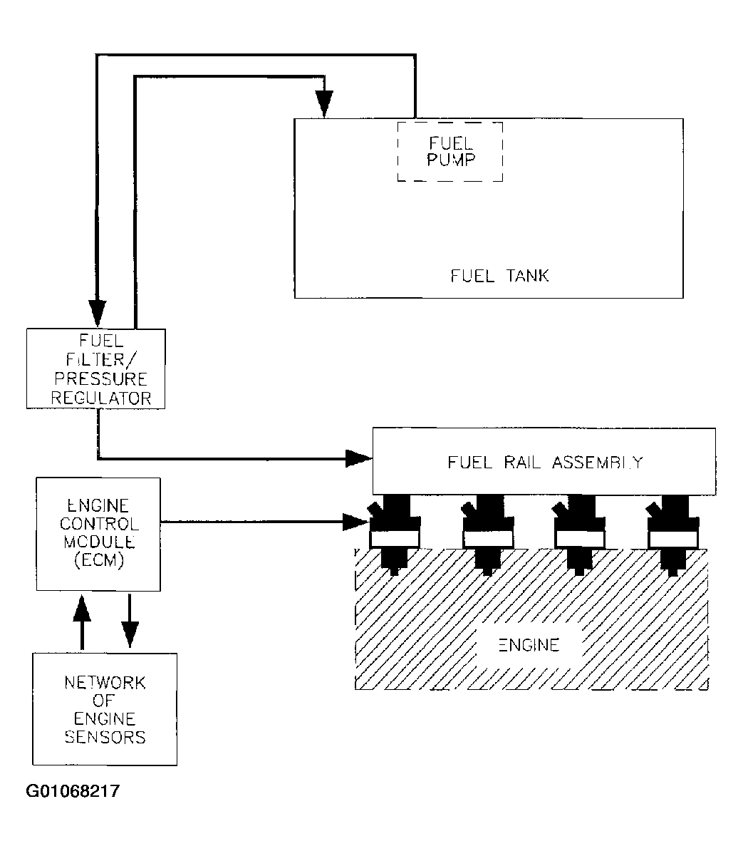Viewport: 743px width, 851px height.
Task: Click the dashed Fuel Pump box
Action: (x=450, y=151)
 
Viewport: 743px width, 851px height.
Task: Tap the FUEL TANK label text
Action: (x=499, y=276)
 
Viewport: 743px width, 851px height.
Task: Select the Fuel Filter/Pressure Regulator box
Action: (x=95, y=368)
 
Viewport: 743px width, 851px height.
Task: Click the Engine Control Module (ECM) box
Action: (x=98, y=535)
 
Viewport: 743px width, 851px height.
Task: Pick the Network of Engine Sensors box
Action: (x=105, y=709)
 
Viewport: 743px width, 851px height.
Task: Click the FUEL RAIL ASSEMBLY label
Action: (x=545, y=462)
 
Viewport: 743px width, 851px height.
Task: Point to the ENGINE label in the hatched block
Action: (x=528, y=646)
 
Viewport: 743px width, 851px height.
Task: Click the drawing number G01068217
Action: (x=73, y=791)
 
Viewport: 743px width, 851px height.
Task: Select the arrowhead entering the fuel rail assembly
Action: (x=358, y=458)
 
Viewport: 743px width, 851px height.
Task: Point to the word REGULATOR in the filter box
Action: (x=100, y=398)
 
